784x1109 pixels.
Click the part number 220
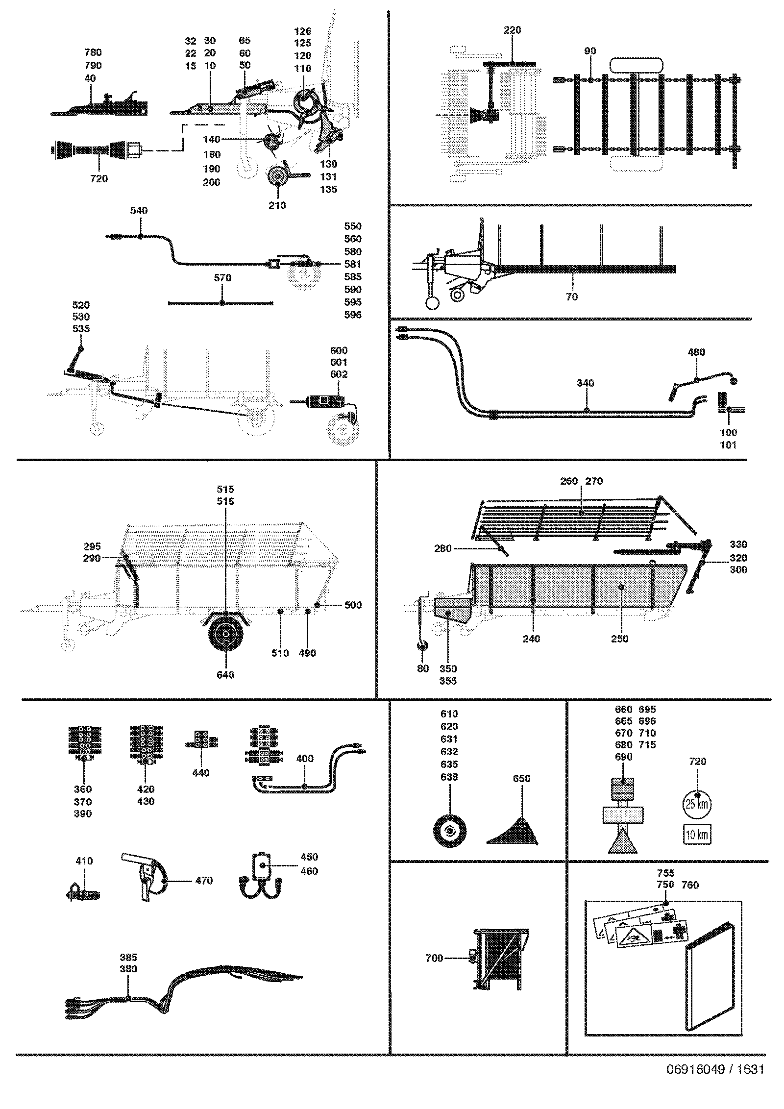coord(513,30)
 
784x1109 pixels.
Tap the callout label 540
coord(139,211)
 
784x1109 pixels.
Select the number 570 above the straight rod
coord(222,278)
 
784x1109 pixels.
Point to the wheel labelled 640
coord(225,635)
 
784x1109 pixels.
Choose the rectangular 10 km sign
coord(697,835)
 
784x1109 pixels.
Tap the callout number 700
coord(434,958)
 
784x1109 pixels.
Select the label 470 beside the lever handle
coord(204,881)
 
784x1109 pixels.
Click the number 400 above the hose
coord(305,759)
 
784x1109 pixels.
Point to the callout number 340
coord(585,383)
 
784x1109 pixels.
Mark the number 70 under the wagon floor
coord(572,296)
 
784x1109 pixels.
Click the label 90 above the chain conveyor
coord(590,51)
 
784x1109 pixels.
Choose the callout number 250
coord(620,639)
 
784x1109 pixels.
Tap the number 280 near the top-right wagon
coord(443,549)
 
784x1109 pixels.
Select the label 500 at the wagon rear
coord(353,605)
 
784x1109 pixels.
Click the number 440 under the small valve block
coord(201,773)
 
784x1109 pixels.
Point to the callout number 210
coord(277,206)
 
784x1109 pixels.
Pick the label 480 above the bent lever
coord(696,352)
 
